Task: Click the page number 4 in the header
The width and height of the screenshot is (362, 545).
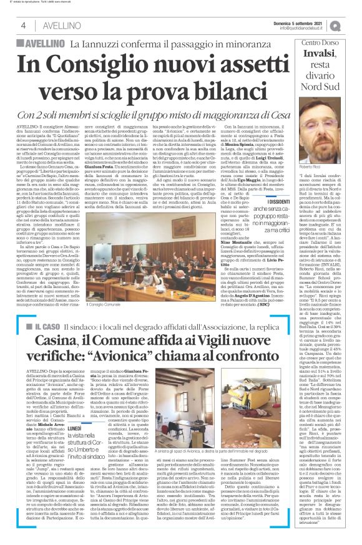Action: point(23,25)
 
